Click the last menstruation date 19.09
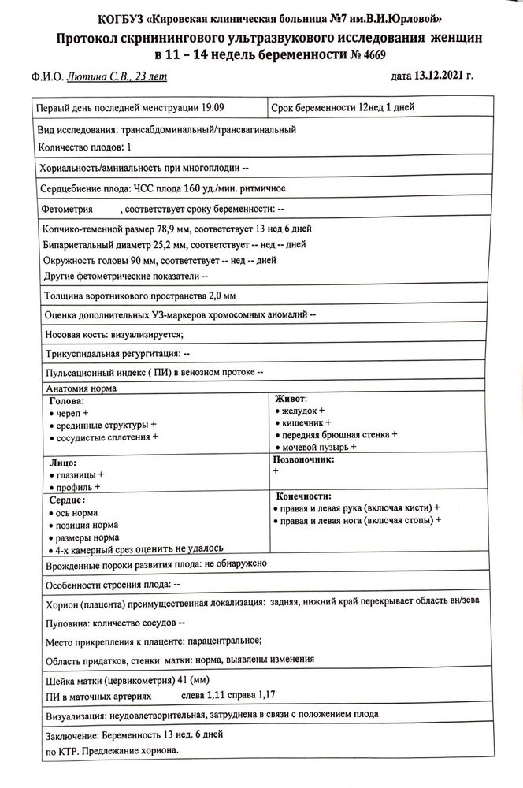[x=221, y=107]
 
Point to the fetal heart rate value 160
[x=194, y=188]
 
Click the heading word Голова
[x=65, y=400]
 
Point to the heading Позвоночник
[x=303, y=459]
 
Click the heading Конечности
[x=303, y=496]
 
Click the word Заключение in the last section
[x=65, y=734]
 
